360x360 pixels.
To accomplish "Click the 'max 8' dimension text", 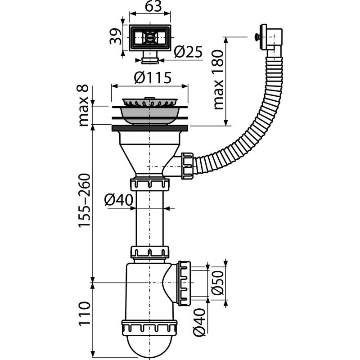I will coord(84,104).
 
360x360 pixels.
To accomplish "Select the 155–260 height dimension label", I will coord(84,200).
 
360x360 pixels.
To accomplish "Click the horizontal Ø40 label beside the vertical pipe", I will coord(119,198).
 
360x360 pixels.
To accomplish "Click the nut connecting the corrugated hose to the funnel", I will coord(187,165).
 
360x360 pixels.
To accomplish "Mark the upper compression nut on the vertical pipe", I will coord(150,184).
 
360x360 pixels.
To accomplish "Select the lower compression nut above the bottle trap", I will coord(150,252).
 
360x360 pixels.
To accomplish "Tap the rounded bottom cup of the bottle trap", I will coord(150,344).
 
